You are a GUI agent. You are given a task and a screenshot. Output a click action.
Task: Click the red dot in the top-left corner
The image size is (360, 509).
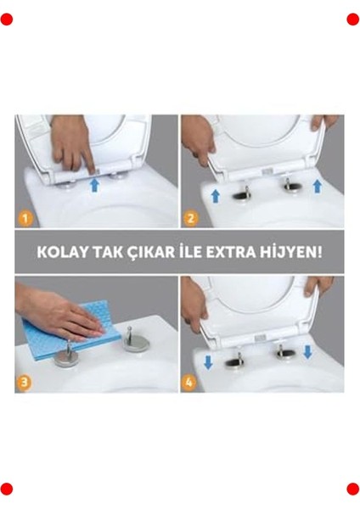[7, 20]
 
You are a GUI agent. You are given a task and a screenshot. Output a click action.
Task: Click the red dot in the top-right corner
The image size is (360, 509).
[352, 20]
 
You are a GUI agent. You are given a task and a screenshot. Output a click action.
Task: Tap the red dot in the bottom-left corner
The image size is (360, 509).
[7, 489]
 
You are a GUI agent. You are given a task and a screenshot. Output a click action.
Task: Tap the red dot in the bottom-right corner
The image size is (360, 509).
[352, 489]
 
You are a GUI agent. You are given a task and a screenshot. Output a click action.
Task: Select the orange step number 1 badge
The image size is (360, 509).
[25, 218]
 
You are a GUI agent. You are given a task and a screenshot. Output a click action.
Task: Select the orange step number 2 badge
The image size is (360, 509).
[191, 218]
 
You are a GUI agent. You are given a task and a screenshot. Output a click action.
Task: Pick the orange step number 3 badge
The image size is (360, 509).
[25, 382]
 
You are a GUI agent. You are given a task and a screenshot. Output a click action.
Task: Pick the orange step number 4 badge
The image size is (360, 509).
[191, 382]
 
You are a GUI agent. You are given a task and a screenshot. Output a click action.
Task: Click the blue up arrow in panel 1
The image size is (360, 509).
[93, 182]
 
